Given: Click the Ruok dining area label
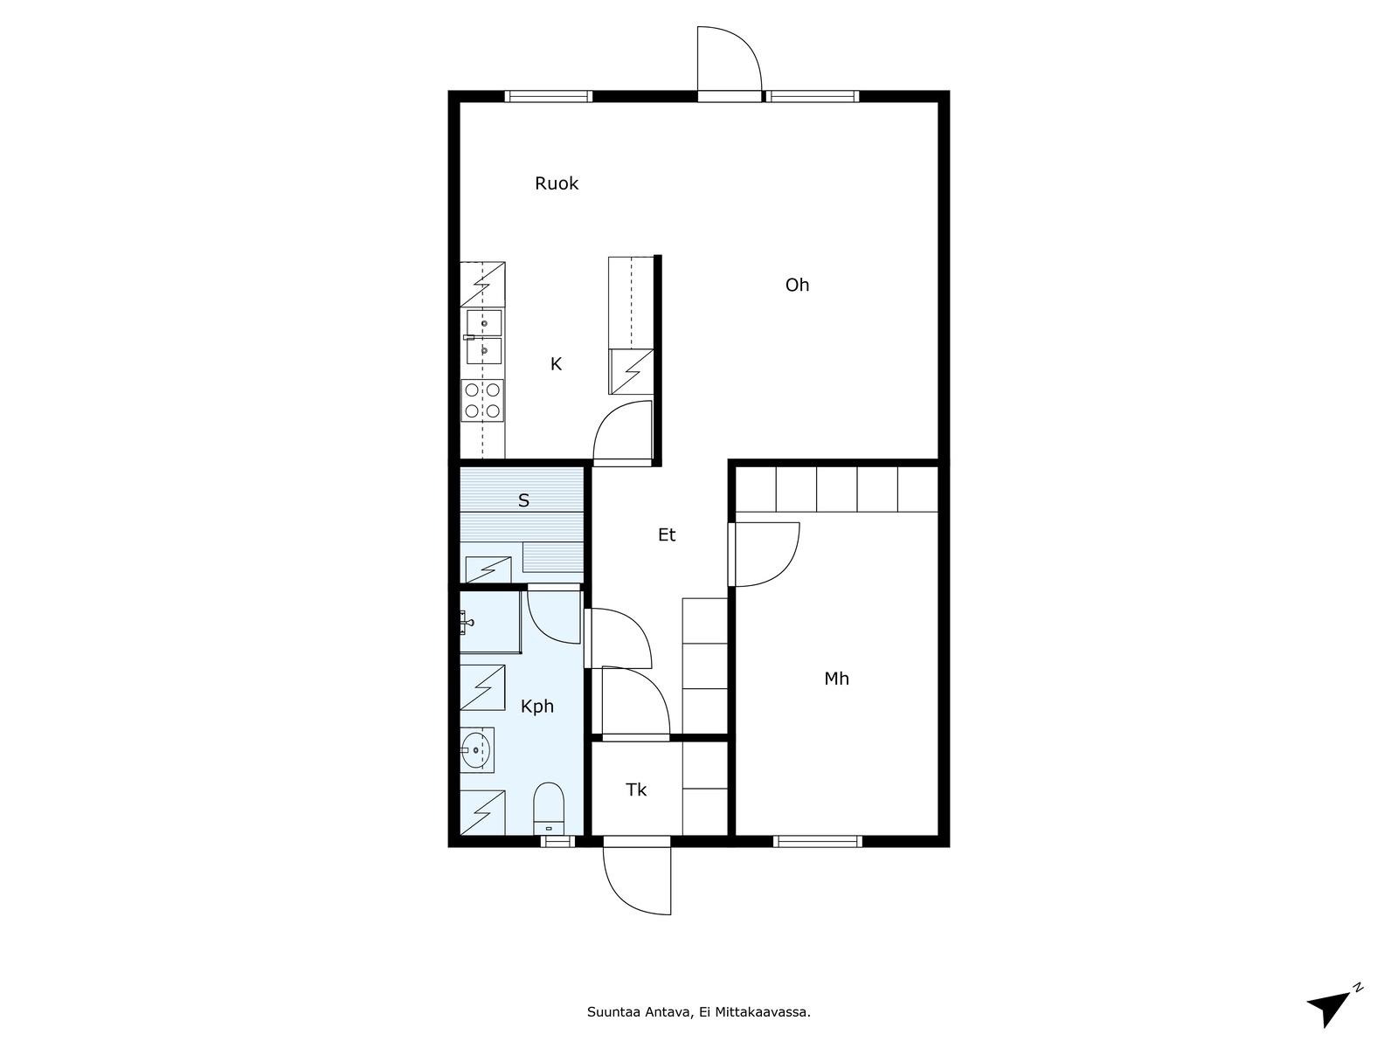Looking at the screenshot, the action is [556, 184].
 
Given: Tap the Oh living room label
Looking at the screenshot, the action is [797, 285].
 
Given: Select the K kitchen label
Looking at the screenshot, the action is [556, 364].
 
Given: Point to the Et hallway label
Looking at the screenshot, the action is [666, 535].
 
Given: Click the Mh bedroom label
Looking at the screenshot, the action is [836, 679].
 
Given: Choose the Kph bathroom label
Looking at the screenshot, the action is [536, 707].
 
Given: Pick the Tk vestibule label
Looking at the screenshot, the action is [635, 789].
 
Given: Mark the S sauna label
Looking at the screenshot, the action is [523, 500].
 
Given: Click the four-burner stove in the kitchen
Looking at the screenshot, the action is [482, 400].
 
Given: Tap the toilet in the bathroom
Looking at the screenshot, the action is [549, 808].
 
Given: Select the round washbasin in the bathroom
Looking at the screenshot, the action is [476, 750].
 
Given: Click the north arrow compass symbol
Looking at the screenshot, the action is [1333, 1007].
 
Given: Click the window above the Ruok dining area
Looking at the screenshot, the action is [549, 97].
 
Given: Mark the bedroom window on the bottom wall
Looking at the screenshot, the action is [817, 842].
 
